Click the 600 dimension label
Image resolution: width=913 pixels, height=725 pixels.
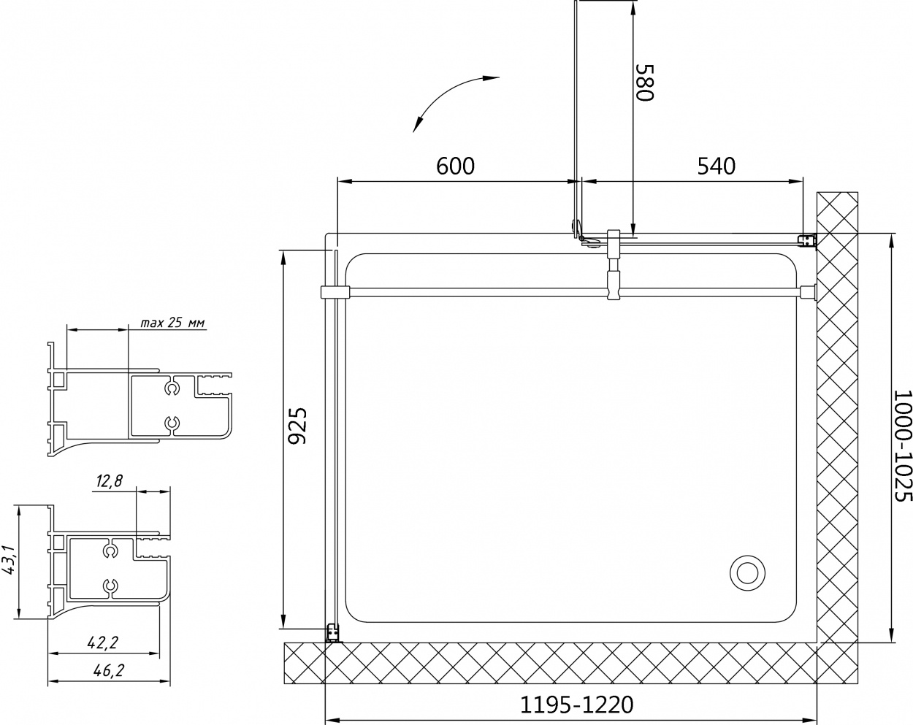pos(455,166)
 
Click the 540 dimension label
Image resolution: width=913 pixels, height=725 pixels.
pos(716,166)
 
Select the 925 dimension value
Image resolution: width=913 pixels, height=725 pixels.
pos(297,426)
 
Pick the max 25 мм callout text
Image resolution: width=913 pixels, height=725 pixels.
pos(172,323)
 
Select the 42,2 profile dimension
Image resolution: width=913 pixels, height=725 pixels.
pos(102,642)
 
